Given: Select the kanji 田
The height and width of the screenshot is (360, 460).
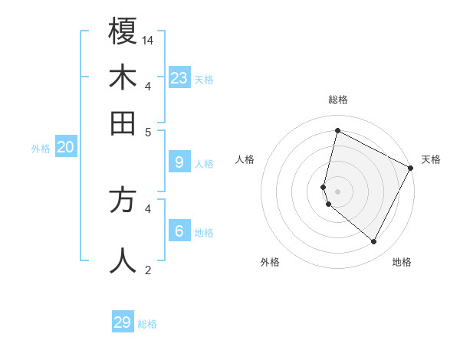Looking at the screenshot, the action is pyautogui.click(x=123, y=122).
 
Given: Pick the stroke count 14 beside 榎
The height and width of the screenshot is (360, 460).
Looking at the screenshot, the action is pyautogui.click(x=149, y=39).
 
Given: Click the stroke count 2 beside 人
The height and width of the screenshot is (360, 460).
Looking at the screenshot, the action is pyautogui.click(x=149, y=269).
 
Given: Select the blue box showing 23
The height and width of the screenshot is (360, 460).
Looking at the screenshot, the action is pyautogui.click(x=179, y=77).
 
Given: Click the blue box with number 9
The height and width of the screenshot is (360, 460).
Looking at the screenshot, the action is pyautogui.click(x=179, y=162).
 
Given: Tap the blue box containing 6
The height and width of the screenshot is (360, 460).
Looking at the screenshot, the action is pyautogui.click(x=179, y=231).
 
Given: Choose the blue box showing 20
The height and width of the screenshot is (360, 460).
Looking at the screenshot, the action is pyautogui.click(x=65, y=148).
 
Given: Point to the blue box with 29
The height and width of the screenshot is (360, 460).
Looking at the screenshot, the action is pyautogui.click(x=123, y=322).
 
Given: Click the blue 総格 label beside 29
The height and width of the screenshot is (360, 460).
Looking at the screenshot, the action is pyautogui.click(x=147, y=324).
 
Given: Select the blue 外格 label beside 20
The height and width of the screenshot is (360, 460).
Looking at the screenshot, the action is pyautogui.click(x=41, y=149).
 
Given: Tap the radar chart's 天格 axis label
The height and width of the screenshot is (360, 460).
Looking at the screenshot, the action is pyautogui.click(x=431, y=159).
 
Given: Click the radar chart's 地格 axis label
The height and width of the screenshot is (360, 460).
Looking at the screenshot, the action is pyautogui.click(x=402, y=262).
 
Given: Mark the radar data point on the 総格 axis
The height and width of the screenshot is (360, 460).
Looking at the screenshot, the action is pyautogui.click(x=337, y=131).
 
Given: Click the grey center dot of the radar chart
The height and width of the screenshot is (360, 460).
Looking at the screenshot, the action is pyautogui.click(x=337, y=191).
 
